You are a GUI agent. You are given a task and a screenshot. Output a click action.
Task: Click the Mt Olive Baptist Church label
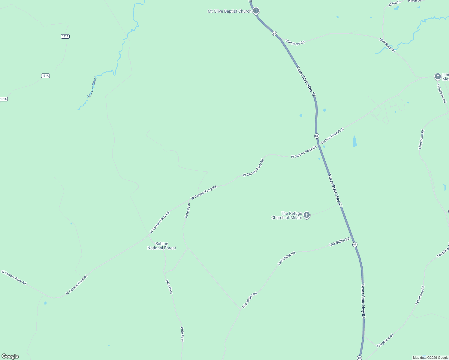229,11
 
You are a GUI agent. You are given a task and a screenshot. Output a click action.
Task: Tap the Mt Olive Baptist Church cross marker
256,11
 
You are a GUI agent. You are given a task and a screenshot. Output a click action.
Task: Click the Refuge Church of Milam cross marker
306,215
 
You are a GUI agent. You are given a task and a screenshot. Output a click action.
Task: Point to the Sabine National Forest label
161,246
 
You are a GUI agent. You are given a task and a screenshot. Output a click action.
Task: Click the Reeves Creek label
92,87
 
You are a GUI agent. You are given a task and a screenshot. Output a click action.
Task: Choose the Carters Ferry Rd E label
332,136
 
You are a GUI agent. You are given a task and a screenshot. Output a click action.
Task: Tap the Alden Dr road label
394,4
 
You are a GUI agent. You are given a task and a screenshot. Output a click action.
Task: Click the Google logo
10,356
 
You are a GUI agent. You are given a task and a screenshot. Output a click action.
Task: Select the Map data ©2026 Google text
430,358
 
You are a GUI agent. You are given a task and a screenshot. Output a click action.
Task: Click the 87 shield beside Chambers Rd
274,33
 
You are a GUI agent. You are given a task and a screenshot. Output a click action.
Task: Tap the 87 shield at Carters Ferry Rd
317,136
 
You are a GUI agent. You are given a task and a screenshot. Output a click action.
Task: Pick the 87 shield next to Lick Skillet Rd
355,244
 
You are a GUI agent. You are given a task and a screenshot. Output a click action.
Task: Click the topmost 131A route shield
65,36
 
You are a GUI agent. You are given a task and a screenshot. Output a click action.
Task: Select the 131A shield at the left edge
4,99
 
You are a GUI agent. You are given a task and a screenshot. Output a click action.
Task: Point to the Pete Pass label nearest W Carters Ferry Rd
188,210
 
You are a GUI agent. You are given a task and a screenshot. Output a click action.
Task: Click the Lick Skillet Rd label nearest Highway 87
339,242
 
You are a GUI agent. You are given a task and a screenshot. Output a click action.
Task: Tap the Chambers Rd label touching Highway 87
295,42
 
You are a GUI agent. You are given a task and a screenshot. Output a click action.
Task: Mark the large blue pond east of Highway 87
355,141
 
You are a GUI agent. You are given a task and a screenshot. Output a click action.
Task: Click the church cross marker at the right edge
438,76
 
